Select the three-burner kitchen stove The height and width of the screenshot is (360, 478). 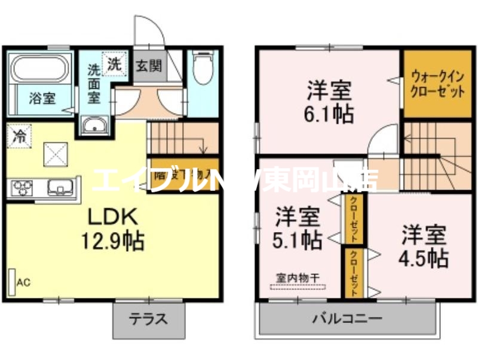coord(22,188)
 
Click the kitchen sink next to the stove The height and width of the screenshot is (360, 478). coord(59,188)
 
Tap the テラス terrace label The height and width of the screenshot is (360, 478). coord(148,319)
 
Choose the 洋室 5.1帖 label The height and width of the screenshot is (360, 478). coord(297,228)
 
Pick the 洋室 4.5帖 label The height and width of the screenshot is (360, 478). coord(424,246)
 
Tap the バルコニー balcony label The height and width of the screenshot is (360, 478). coord(347,318)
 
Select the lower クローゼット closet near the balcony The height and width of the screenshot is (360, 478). coord(354,272)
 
